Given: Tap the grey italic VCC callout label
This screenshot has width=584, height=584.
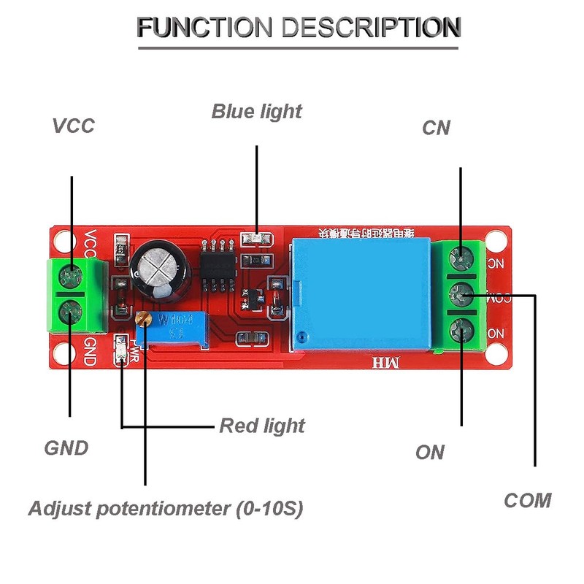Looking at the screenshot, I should point(73,126).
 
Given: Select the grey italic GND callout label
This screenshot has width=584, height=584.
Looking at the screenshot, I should point(66,447).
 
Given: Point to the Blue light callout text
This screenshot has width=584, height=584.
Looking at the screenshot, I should point(256,112).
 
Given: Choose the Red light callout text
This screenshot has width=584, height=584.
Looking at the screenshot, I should point(262,425).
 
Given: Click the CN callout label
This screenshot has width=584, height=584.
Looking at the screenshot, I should point(437,128).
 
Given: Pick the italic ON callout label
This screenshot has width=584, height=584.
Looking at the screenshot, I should point(430,453).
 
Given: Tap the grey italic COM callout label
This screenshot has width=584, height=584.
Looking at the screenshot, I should point(527,501).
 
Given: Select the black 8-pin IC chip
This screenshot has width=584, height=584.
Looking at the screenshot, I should point(216,265).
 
